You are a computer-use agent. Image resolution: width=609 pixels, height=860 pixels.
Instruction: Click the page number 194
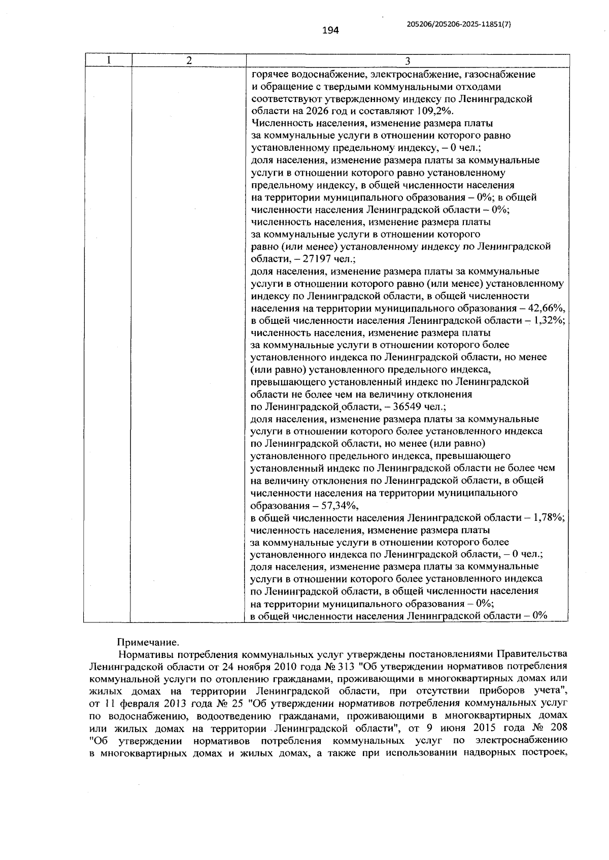pos(330,30)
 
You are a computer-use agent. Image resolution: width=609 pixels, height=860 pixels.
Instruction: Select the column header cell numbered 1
pos(108,60)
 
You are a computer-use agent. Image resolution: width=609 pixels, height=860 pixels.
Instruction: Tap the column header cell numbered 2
pos(189,60)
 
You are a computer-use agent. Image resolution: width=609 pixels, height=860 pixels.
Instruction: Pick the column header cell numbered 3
pos(407,61)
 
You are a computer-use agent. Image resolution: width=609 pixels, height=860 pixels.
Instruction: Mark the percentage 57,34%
pos(341,505)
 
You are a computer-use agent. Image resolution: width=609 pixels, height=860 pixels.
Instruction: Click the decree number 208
pos(558,727)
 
